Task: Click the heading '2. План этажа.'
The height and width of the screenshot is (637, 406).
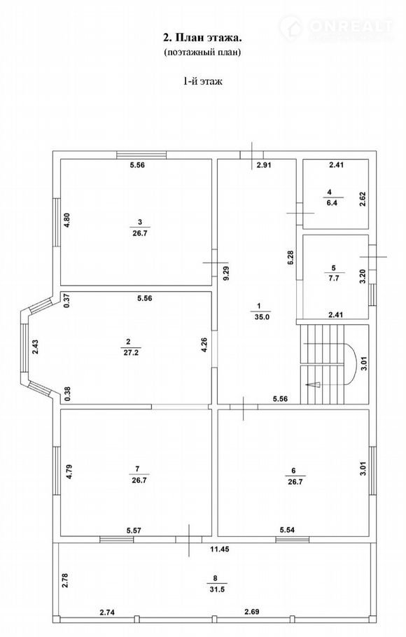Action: point(202,38)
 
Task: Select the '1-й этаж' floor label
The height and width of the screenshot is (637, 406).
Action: point(202,81)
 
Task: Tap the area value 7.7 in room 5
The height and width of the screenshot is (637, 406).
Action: point(334,279)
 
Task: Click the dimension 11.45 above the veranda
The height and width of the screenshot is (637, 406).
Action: point(220,549)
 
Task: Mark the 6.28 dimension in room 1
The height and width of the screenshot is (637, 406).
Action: point(290,258)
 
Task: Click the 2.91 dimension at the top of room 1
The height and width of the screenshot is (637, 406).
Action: point(263,165)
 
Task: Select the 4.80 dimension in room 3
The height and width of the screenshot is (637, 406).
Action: point(67,222)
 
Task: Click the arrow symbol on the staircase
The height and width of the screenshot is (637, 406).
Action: point(314,385)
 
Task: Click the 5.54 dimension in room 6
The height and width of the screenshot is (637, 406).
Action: point(287,530)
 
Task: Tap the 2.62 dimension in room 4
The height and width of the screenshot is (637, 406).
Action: point(363,199)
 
